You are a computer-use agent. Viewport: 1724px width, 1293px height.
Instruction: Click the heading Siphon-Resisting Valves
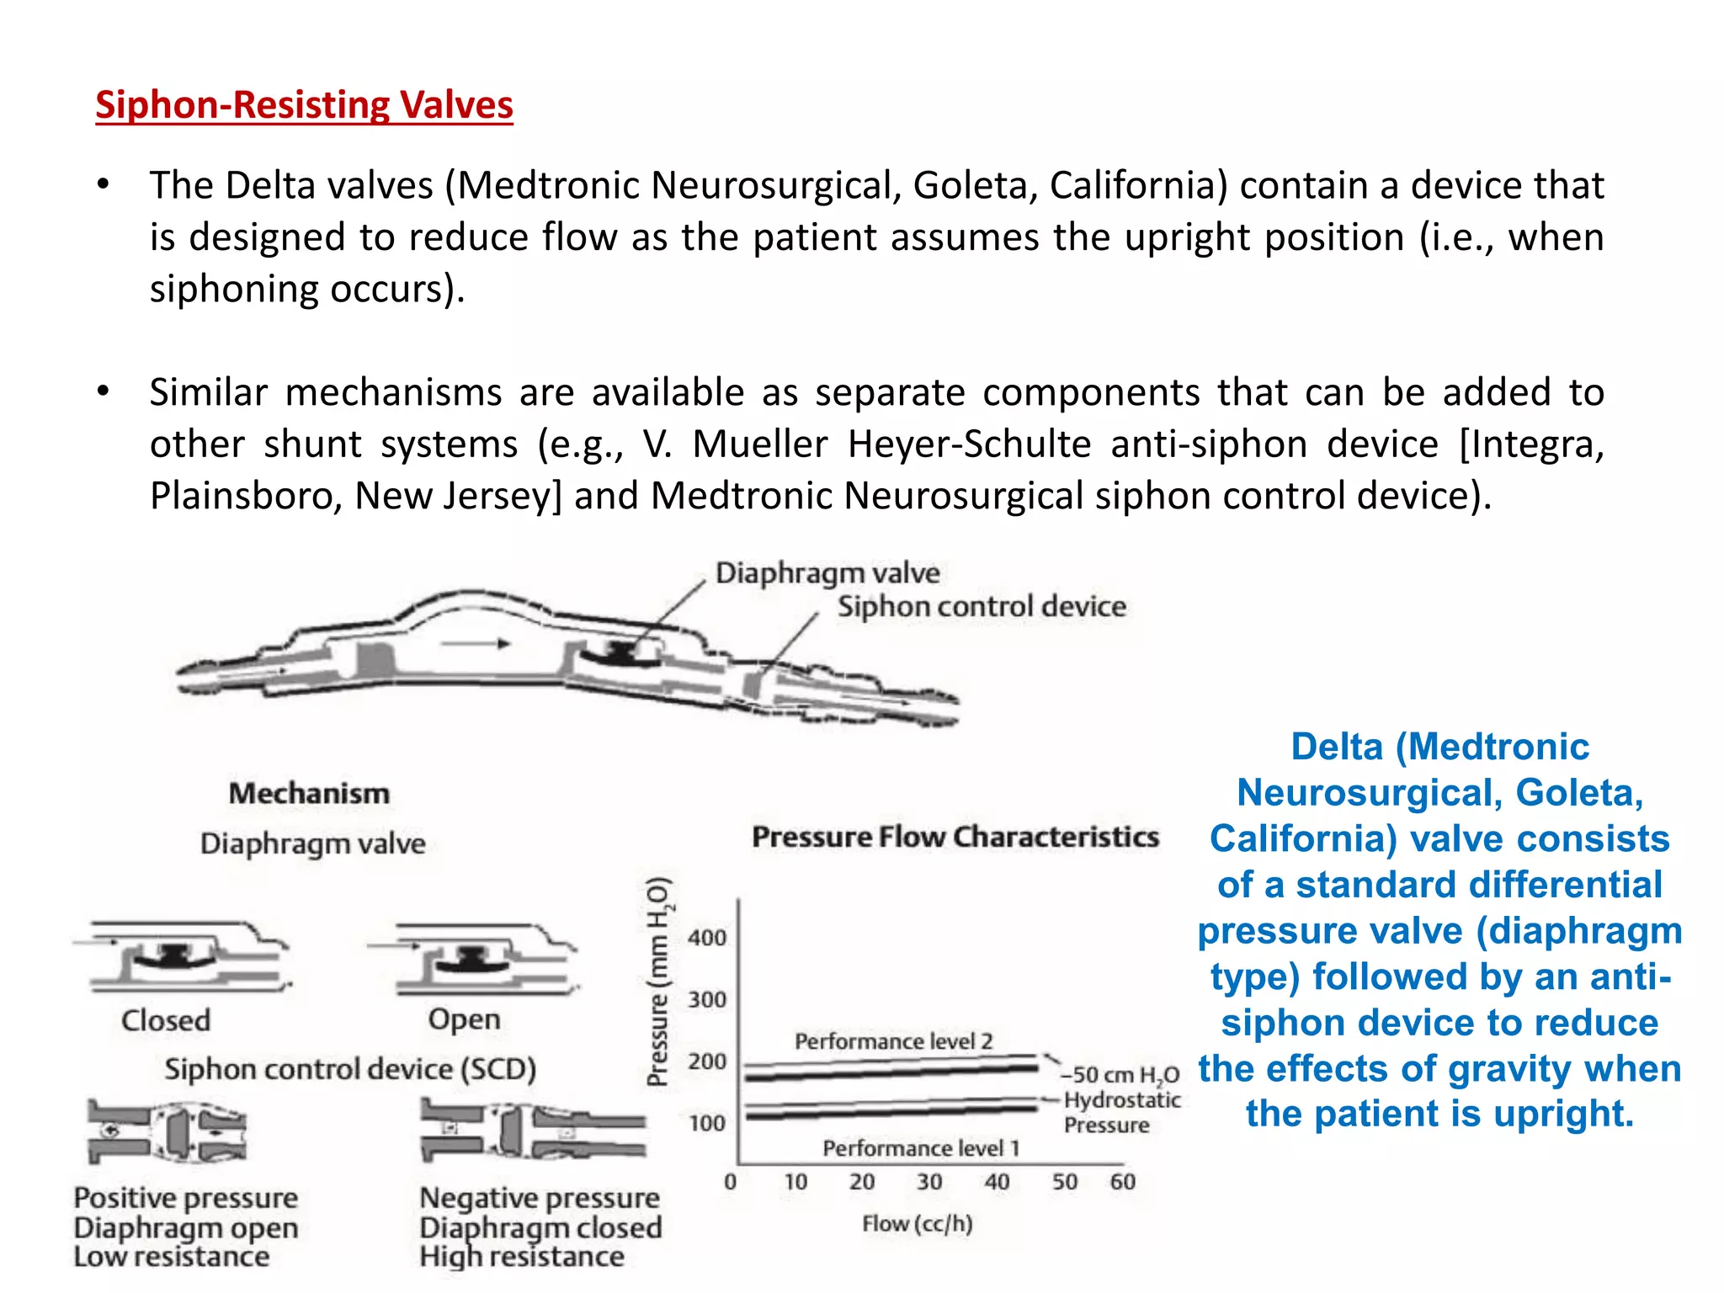304,105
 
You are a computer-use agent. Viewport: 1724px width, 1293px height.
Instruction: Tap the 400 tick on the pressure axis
706,938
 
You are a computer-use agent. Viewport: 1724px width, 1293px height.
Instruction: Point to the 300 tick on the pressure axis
706,1000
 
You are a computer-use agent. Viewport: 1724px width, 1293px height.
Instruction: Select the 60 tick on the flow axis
1122,1182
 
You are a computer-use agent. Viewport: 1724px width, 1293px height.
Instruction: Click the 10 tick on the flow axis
795,1182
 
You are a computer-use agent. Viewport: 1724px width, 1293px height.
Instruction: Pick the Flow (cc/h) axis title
917,1224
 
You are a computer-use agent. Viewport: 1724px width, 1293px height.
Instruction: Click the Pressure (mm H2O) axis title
658,981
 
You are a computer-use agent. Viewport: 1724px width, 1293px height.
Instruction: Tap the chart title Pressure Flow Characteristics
955,837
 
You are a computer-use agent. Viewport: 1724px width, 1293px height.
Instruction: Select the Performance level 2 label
893,1041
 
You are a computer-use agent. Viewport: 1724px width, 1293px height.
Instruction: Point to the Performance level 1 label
920,1148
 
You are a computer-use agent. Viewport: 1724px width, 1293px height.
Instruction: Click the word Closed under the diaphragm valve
166,1020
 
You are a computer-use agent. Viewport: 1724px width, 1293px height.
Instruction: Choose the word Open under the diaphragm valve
464,1019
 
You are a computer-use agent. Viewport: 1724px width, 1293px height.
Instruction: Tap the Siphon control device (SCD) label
350,1069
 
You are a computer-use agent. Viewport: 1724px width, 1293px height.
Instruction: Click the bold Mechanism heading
309,793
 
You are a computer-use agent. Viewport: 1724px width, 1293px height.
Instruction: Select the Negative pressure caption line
540,1197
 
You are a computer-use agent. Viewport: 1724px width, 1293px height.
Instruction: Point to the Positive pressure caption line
186,1197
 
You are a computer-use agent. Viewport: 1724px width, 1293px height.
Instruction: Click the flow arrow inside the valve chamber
476,644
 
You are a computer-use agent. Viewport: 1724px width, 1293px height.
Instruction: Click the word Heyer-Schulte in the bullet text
969,444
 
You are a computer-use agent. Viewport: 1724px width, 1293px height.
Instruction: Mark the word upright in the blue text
1571,1114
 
